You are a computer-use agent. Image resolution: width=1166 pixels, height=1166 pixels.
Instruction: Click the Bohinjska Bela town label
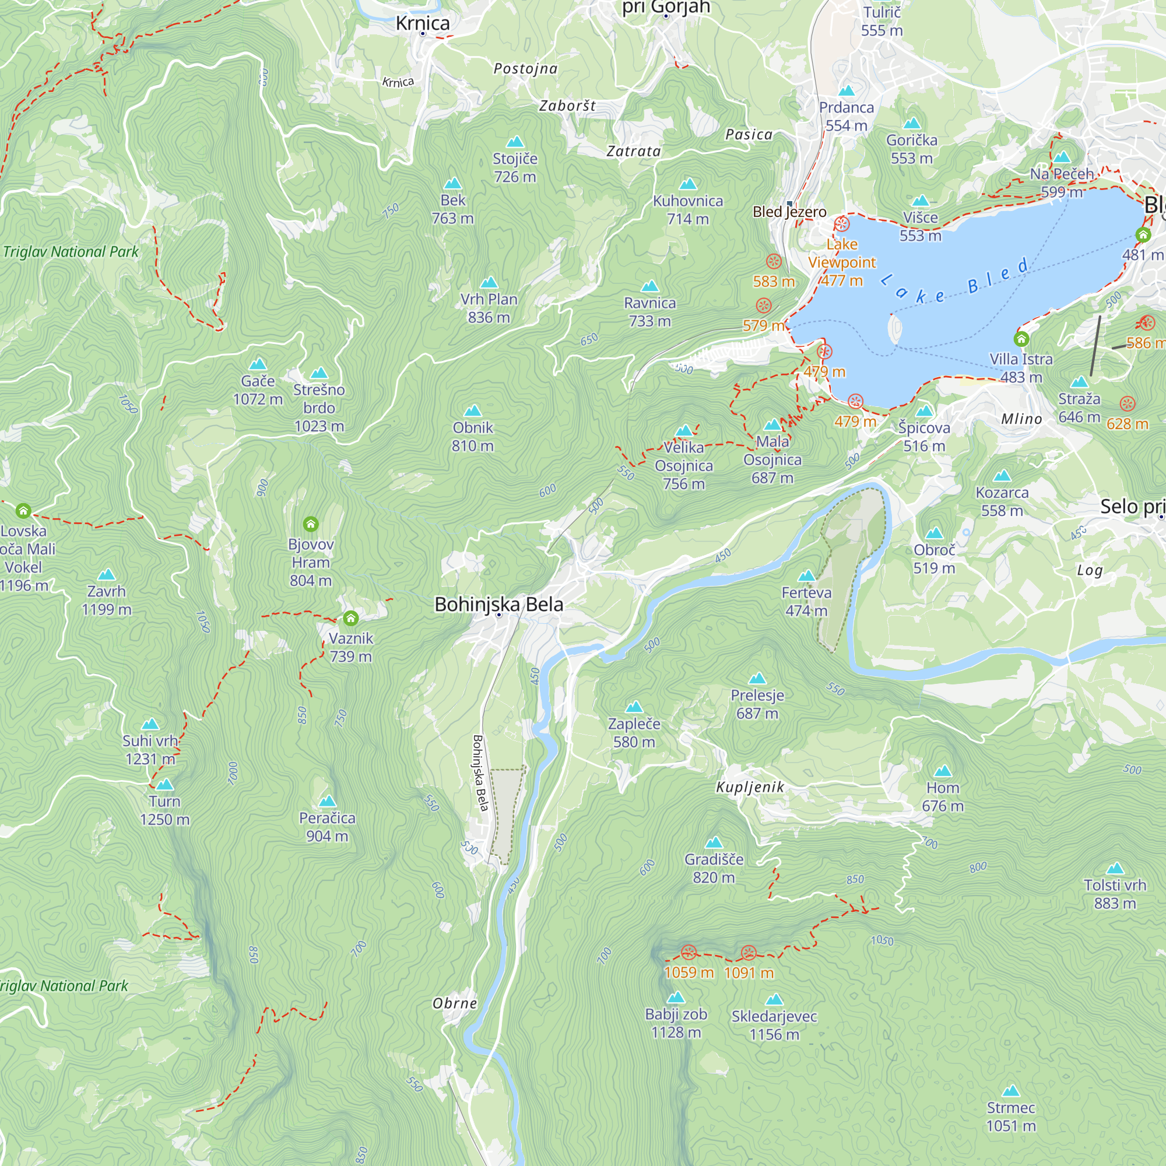498,604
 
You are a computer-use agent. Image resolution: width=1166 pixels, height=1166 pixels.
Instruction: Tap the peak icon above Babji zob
675,997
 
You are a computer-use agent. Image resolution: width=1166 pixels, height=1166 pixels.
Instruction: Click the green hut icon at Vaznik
350,618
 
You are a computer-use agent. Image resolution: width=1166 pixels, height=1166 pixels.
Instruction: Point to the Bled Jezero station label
789,212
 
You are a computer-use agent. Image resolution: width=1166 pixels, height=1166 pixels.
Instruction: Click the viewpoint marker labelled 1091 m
749,953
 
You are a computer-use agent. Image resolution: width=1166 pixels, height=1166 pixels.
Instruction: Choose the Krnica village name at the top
423,23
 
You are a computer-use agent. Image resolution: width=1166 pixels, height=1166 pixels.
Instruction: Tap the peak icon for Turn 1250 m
165,785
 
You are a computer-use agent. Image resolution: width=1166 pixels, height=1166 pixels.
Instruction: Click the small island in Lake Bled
895,328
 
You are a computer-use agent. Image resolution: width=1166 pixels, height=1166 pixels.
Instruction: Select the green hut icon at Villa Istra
1021,339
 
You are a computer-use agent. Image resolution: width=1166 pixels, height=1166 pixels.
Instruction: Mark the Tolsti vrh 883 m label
1115,894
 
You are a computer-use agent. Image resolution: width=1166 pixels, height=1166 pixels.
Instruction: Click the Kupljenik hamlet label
750,787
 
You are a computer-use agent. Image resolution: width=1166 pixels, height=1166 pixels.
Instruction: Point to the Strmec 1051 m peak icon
1010,1091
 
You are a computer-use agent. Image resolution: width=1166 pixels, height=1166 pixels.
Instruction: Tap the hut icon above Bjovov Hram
311,524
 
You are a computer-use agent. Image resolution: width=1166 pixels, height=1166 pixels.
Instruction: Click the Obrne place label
455,1003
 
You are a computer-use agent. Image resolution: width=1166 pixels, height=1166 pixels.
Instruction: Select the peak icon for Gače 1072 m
258,364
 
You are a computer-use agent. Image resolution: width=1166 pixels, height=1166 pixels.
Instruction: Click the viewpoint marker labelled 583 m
774,262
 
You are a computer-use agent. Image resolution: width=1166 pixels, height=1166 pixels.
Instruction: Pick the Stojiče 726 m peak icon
515,142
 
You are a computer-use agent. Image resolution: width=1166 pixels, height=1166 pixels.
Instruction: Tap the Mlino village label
1021,419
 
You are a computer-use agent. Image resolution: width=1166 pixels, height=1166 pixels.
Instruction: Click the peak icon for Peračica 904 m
327,801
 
